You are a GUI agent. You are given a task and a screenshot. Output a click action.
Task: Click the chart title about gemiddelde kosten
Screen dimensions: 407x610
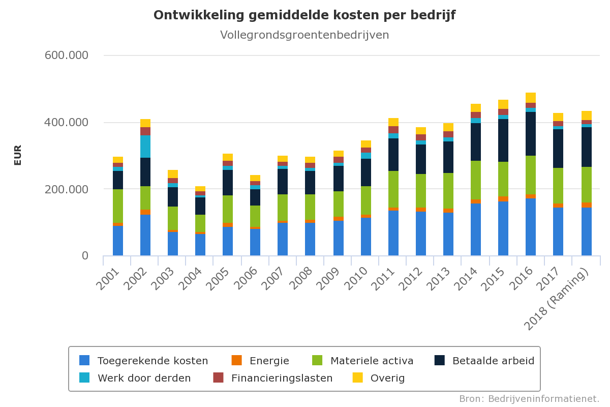[x=304, y=15]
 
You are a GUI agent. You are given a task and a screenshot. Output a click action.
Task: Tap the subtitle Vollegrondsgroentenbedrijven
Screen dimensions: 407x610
[x=304, y=35]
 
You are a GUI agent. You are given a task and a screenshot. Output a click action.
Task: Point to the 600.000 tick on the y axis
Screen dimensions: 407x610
[x=67, y=55]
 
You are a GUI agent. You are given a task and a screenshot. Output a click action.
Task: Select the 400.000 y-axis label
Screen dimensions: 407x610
[x=67, y=123]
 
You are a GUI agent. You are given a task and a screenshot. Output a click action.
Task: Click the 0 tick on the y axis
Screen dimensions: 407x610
[x=85, y=256]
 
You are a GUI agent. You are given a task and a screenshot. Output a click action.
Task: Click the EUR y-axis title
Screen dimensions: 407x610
[x=18, y=155]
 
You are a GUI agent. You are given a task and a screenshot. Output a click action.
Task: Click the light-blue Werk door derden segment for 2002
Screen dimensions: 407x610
[x=145, y=147]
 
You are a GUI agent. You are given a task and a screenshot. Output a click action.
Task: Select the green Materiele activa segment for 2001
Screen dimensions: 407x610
[x=118, y=206]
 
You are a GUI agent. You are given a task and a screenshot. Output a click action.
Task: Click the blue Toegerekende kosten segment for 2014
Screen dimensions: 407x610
[x=476, y=229]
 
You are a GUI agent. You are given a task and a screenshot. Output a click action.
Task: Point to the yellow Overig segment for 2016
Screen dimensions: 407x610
[x=531, y=98]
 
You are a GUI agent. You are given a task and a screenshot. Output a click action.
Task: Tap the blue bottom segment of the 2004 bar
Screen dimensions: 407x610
[x=200, y=245]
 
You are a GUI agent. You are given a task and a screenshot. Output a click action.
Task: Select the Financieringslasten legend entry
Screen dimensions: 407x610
[x=282, y=378]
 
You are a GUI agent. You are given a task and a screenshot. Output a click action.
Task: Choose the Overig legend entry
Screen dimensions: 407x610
[x=387, y=378]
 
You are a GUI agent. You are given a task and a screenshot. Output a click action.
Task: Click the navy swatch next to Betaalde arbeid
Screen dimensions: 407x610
[x=440, y=360]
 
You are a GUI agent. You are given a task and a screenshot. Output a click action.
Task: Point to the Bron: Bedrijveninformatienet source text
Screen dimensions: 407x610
[x=529, y=398]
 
